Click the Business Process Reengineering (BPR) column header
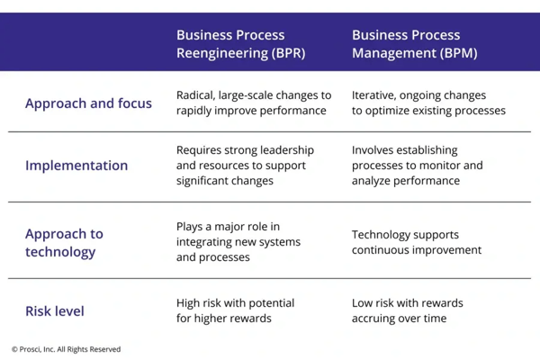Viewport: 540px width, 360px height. point(240,44)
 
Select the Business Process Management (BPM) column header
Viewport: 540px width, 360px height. point(414,44)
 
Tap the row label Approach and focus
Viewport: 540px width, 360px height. point(88,103)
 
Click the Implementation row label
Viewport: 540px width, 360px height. point(76,166)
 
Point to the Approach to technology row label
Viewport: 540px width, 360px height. point(64,242)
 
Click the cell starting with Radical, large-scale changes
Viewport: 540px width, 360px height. point(253,103)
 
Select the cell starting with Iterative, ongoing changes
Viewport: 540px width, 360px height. point(427,103)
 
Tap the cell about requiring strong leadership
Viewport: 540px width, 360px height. point(240,166)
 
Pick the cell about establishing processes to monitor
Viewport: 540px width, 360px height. point(417,166)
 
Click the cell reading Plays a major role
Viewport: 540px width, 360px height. point(238,242)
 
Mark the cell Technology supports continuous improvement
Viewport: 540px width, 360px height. point(417,242)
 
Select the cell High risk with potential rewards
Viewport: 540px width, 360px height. point(235,310)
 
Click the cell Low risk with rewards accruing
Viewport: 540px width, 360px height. point(411,310)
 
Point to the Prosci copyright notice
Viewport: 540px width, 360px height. point(66,349)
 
